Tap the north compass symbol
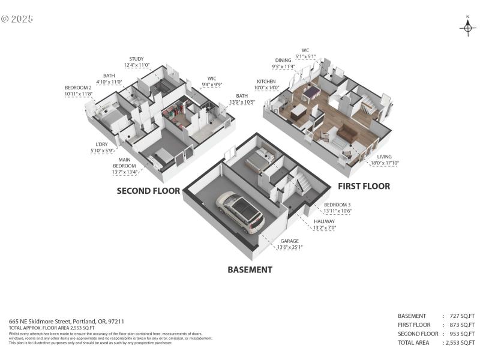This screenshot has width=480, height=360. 468,27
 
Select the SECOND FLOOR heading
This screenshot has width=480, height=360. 149,191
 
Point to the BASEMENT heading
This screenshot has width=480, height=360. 250,269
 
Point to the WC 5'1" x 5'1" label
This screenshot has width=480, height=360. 304,53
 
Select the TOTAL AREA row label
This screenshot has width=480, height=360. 415,343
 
